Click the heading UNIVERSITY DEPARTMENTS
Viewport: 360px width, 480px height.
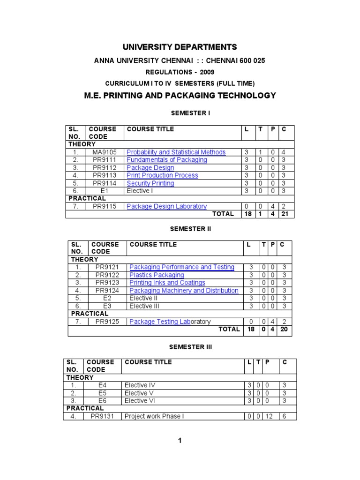point(180,47)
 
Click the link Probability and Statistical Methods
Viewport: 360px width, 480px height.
point(176,152)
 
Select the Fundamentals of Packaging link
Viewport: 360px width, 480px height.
point(166,160)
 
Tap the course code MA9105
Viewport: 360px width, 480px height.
point(104,152)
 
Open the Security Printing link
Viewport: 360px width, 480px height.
point(150,183)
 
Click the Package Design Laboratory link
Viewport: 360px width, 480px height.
point(166,206)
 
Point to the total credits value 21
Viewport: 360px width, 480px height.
point(286,214)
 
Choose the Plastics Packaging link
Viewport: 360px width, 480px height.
point(157,275)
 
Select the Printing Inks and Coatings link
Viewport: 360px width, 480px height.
point(167,283)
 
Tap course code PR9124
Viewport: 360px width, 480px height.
point(107,291)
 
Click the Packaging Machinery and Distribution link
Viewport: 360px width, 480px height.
point(184,291)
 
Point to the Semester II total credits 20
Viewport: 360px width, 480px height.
point(284,330)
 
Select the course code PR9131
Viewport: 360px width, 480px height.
point(102,416)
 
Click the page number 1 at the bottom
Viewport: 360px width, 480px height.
point(180,440)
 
